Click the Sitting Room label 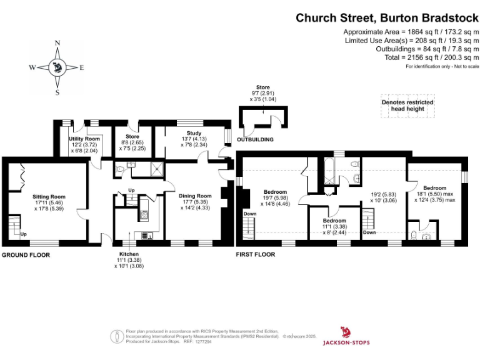coord(49,196)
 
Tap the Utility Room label coord(84,139)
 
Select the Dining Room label coord(196,195)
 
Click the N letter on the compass coord(57,44)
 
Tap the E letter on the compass coord(82,67)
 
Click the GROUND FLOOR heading coord(26,255)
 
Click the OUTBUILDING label coord(254,139)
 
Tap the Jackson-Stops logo coord(346,336)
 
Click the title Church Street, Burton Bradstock coord(387,18)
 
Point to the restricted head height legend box coord(407,106)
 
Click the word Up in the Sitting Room coord(24,234)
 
